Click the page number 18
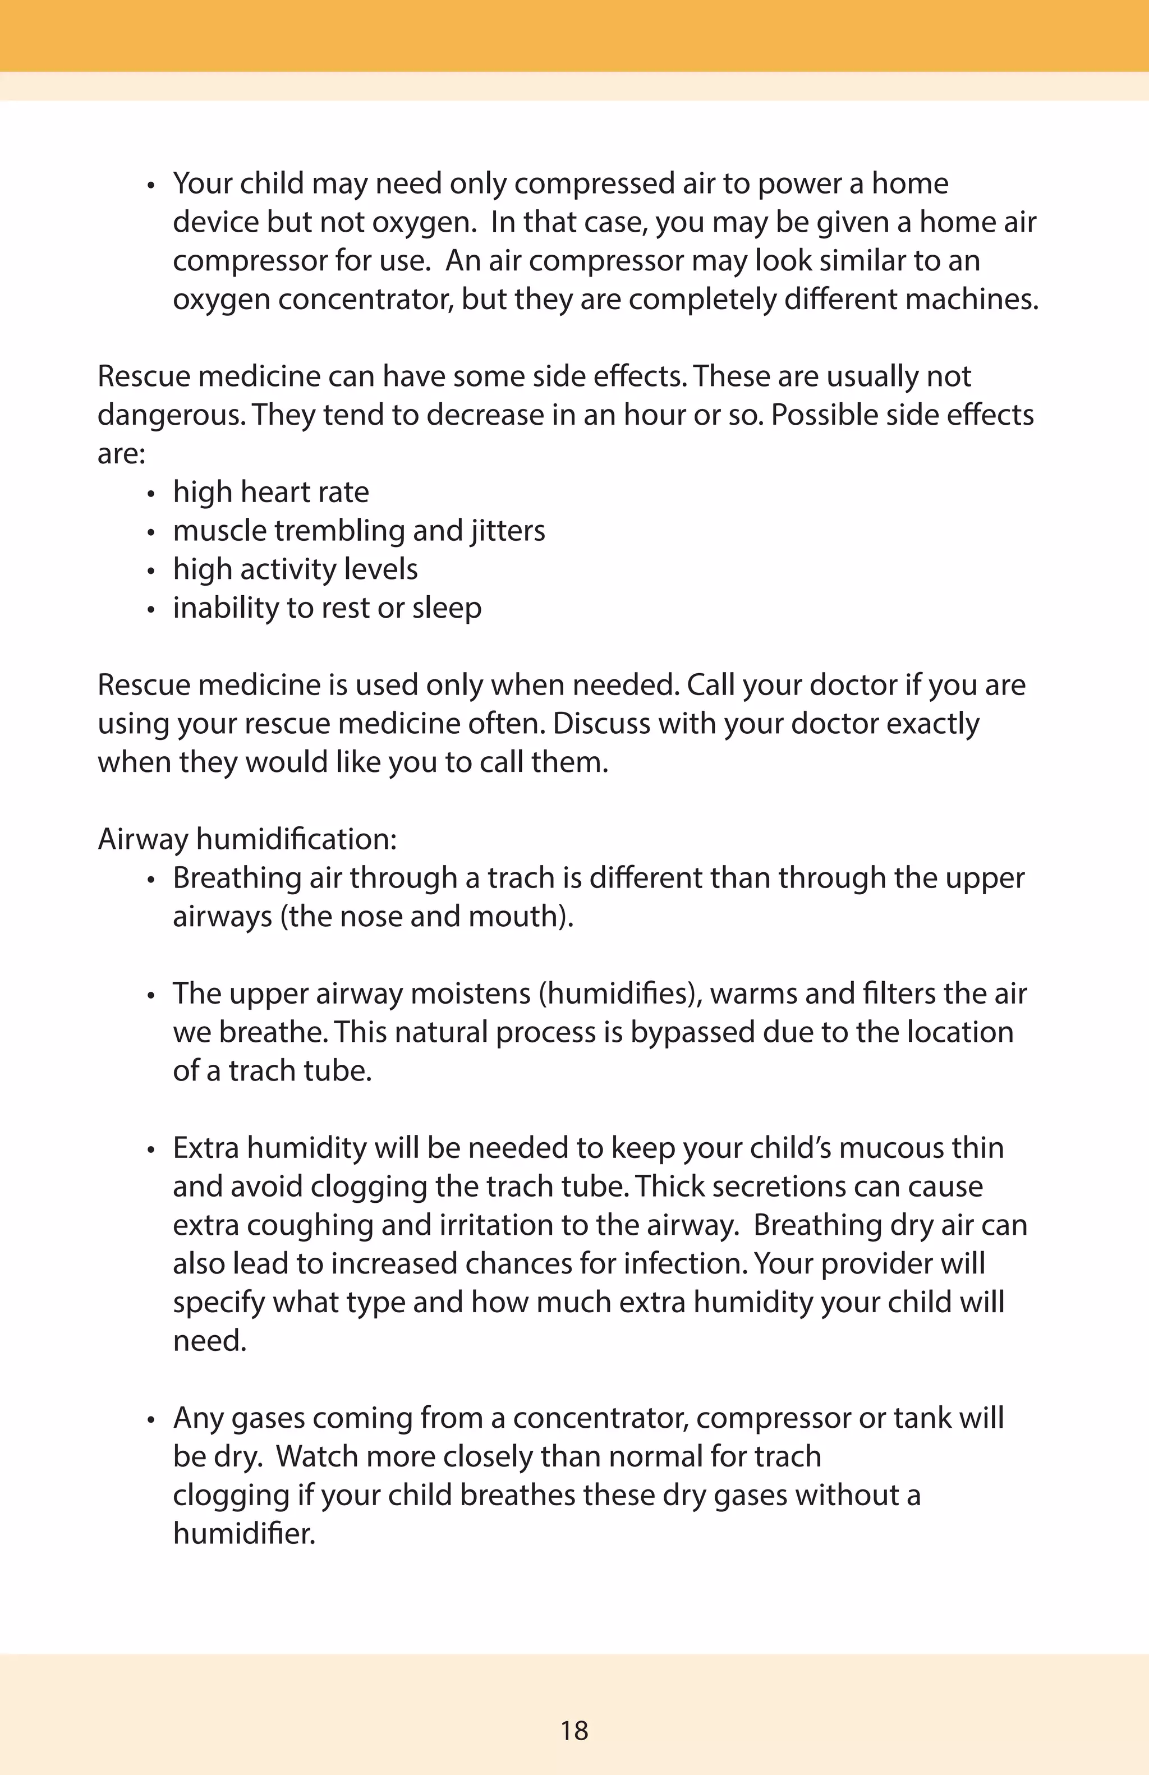574,1730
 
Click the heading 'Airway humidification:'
247,840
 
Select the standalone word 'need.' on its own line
209,1341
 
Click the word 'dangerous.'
171,415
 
